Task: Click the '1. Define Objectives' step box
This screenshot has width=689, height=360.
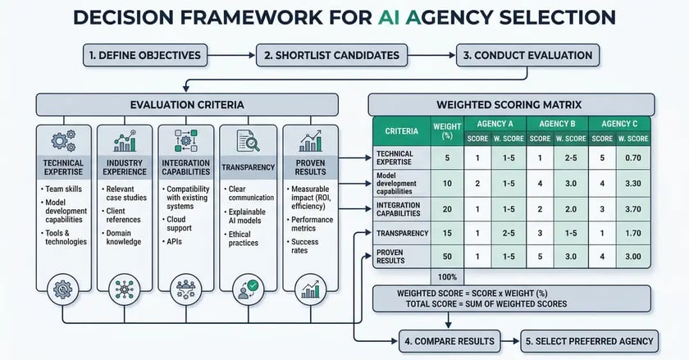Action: coord(144,55)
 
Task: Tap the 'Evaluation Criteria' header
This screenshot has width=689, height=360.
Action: coord(186,104)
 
